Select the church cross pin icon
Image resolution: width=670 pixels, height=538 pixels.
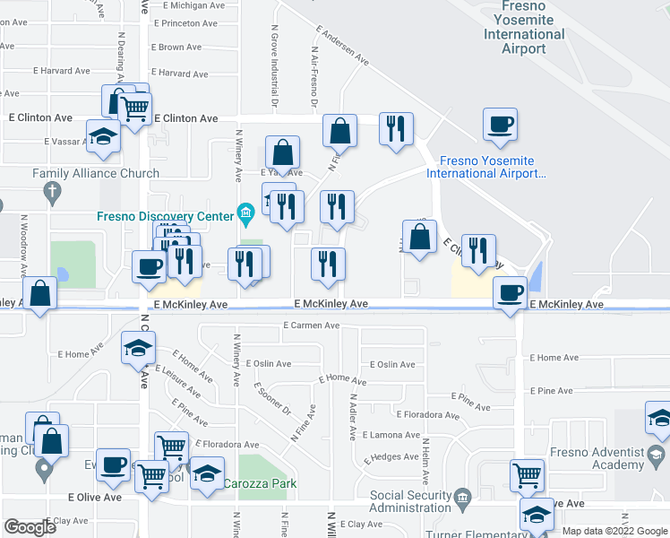pyautogui.click(x=54, y=190)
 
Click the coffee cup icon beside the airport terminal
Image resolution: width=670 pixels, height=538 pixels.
pyautogui.click(x=500, y=125)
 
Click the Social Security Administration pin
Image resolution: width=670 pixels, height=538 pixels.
pyautogui.click(x=462, y=496)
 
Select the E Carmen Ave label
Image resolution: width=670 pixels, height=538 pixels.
pyautogui.click(x=313, y=326)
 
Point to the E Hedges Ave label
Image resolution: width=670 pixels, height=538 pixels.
pyautogui.click(x=394, y=456)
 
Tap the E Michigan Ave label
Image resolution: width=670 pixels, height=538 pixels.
pyautogui.click(x=190, y=5)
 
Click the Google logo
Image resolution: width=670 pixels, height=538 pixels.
pyautogui.click(x=30, y=527)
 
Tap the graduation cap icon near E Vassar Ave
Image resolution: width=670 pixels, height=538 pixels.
pyautogui.click(x=103, y=136)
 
